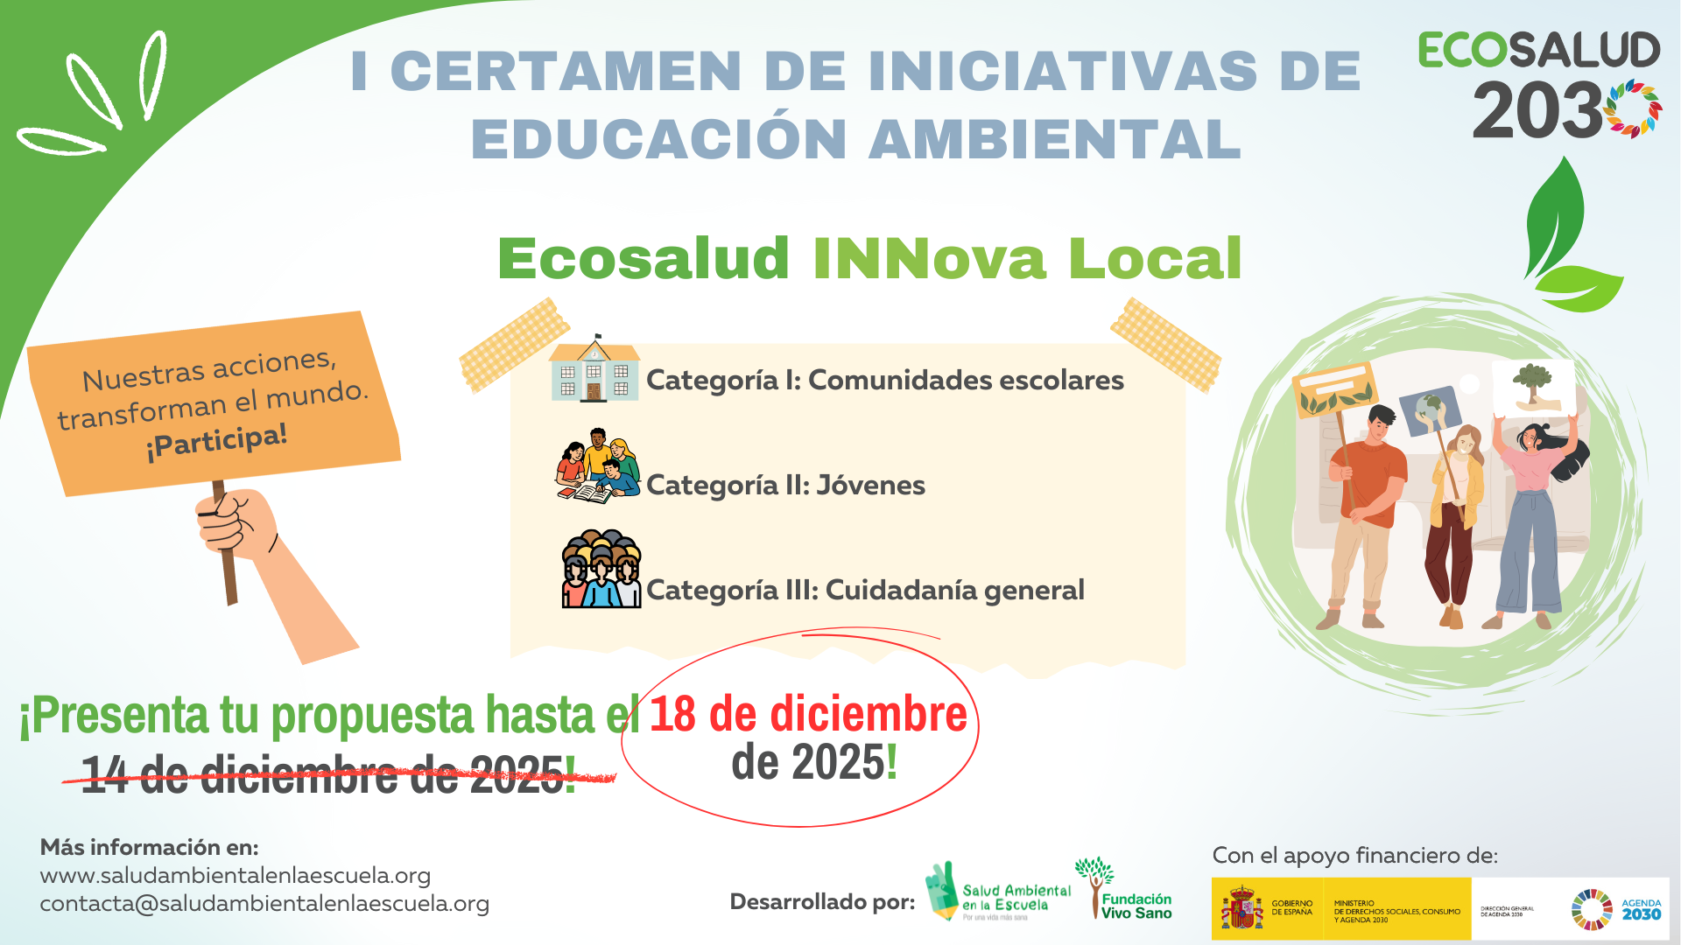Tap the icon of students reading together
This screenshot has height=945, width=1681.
(x=598, y=466)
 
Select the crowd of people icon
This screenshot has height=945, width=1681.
(x=601, y=570)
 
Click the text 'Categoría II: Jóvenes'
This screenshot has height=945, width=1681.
(x=785, y=485)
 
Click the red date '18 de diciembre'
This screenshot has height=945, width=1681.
(x=807, y=714)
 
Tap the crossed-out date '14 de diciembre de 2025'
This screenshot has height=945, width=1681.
(x=328, y=775)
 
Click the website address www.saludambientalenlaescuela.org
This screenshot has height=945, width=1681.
(x=236, y=875)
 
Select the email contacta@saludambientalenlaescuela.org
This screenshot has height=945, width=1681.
(x=264, y=903)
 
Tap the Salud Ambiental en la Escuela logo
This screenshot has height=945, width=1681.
(x=998, y=892)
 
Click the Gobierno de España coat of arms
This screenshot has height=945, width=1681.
(x=1241, y=909)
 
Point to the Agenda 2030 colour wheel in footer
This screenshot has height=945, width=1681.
(x=1591, y=909)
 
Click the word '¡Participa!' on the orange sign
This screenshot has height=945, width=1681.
(x=216, y=441)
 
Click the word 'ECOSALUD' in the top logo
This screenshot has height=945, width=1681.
(x=1538, y=50)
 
